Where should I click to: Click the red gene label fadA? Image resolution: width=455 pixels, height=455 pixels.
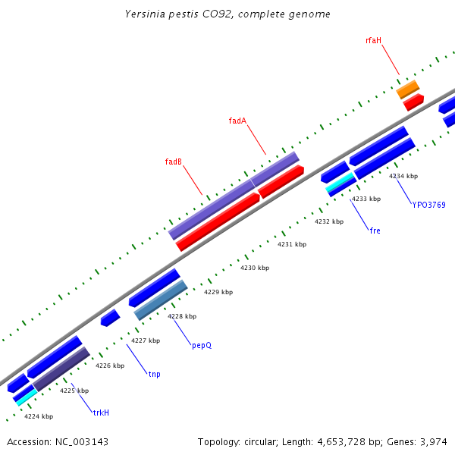[x=237, y=121]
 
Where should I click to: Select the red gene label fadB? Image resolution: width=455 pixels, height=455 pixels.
[x=173, y=162]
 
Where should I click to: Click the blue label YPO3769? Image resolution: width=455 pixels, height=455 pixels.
[x=428, y=205]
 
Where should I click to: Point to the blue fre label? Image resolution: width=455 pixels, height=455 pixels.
[x=375, y=231]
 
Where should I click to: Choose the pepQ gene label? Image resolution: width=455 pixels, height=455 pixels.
[x=201, y=345]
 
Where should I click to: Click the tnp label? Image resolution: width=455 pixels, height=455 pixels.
[x=154, y=374]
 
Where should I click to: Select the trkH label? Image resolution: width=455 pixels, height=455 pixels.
[x=101, y=413]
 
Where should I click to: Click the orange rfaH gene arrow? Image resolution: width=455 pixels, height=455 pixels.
[x=408, y=90]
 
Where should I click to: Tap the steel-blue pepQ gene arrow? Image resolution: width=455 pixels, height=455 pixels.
[x=161, y=300]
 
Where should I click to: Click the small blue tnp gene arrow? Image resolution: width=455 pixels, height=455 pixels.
[x=111, y=318]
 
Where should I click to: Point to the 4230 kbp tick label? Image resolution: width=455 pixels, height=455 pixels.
[x=255, y=268]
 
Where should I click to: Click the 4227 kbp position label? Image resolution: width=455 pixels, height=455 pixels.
[x=146, y=340]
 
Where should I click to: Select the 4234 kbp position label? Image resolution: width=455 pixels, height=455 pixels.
[x=403, y=176]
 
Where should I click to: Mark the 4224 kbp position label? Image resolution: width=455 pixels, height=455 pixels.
[x=39, y=416]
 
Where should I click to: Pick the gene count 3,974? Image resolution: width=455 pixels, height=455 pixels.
[x=432, y=441]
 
